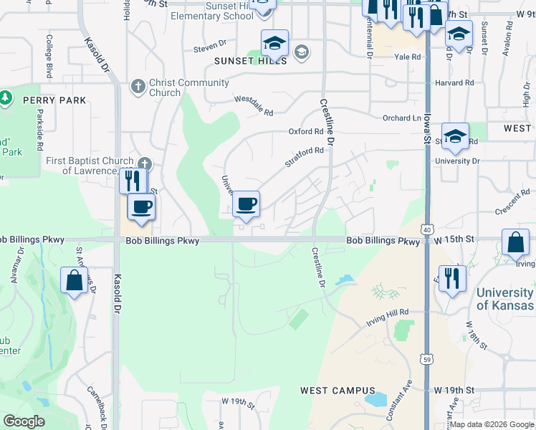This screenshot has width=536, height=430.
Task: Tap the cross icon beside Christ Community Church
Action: [138, 87]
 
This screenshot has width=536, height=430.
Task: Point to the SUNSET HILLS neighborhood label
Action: [251, 62]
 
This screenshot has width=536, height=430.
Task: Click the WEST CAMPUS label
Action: [333, 391]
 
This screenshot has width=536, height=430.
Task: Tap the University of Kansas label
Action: [505, 299]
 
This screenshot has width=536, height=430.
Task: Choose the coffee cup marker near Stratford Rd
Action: [246, 204]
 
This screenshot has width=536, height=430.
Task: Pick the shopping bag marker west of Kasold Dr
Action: [75, 280]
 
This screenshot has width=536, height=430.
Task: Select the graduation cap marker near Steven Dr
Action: [274, 43]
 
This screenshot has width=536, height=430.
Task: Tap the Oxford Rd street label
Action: [306, 132]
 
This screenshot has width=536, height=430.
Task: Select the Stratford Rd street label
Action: [304, 157]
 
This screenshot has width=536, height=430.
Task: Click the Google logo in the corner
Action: [24, 421]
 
